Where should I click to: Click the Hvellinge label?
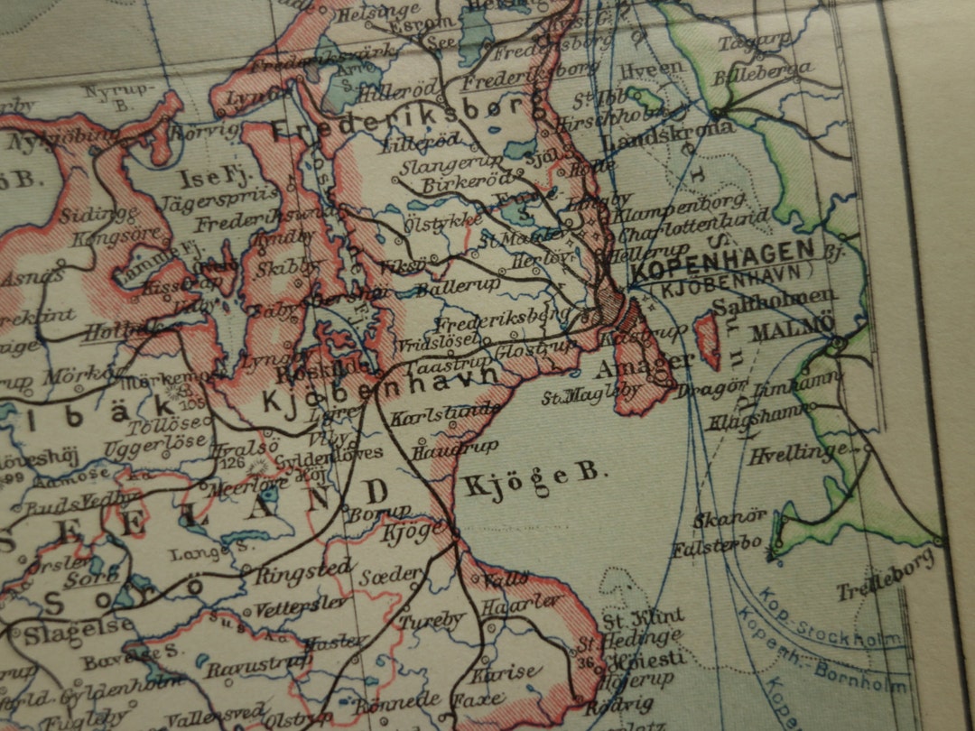pos(797,454)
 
